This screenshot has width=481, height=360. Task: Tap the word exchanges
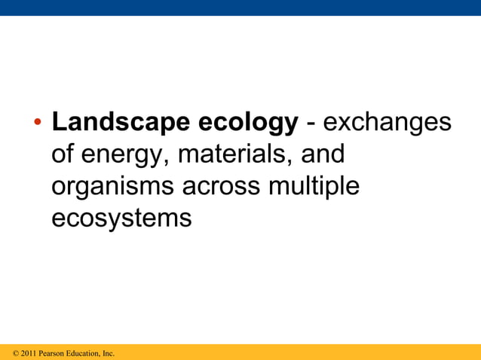point(387,124)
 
